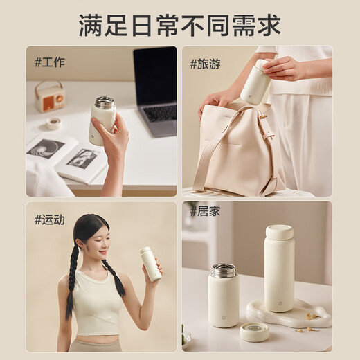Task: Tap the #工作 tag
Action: pos(50,62)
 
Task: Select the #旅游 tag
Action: pos(206,64)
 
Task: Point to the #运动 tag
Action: pos(50,219)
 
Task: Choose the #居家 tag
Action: pos(206,212)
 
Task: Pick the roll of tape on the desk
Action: pos(53,123)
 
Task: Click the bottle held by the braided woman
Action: pos(150,264)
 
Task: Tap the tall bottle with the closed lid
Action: pos(279,270)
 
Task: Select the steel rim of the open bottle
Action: pos(223,270)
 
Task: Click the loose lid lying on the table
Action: pos(254,332)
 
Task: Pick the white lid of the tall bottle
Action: pos(279,232)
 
